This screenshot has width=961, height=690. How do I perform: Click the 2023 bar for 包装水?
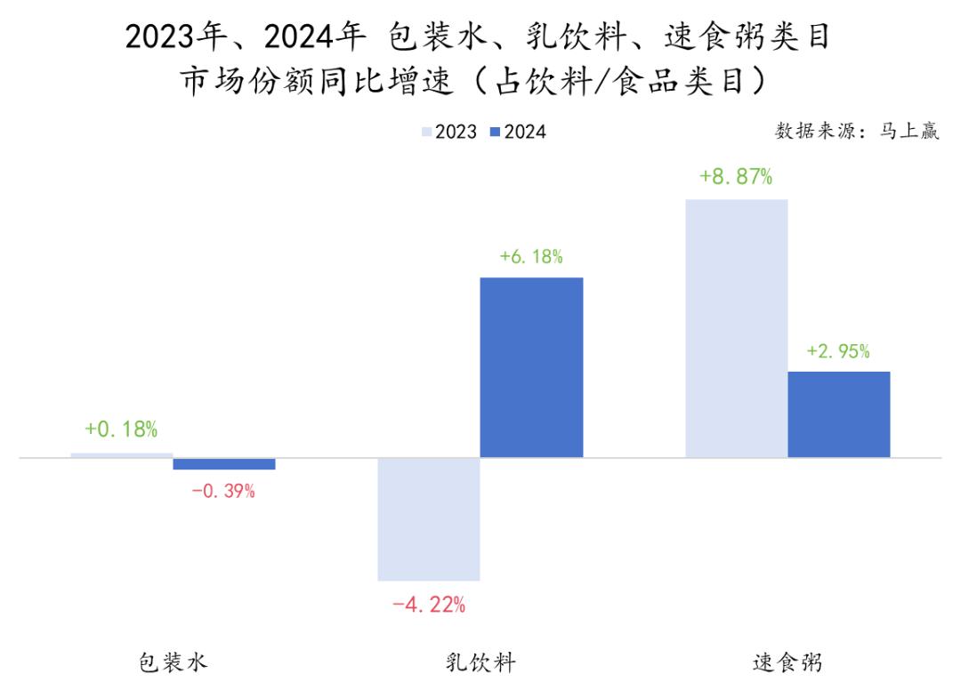click(122, 455)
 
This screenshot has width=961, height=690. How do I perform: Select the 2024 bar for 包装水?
click(224, 463)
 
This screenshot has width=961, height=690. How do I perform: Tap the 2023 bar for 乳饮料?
click(429, 519)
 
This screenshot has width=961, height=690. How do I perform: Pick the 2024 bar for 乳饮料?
click(531, 367)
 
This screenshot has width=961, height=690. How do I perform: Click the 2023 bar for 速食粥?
click(736, 328)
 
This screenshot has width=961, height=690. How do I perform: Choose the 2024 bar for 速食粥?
click(838, 414)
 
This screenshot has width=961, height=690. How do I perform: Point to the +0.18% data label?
click(121, 429)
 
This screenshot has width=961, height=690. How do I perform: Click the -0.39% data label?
click(223, 491)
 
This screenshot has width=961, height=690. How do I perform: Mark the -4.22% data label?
click(429, 606)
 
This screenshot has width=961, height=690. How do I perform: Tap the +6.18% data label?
click(531, 257)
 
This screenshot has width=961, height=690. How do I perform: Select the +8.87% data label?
click(736, 177)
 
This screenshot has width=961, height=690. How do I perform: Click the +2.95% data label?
click(838, 351)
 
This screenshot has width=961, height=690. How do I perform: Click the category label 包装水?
click(173, 662)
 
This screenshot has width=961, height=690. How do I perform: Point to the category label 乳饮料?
click(480, 662)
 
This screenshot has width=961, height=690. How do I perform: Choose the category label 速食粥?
click(787, 662)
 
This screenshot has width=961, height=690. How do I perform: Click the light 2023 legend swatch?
click(426, 132)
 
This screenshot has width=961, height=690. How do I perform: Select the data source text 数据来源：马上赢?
click(857, 132)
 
